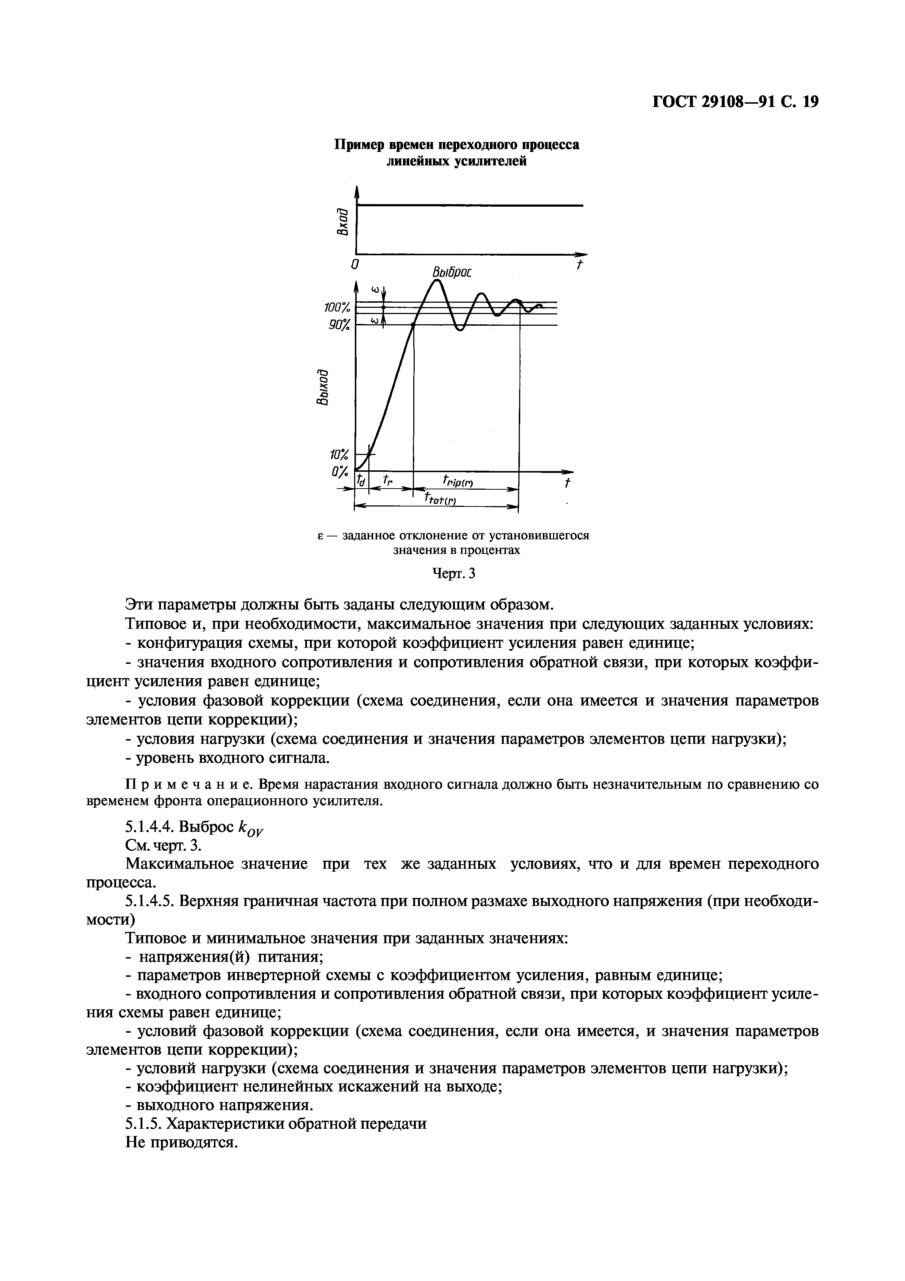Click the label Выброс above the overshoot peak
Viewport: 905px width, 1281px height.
[x=452, y=272]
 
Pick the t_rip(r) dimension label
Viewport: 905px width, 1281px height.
[x=457, y=481]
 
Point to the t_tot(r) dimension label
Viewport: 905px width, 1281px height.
[x=441, y=498]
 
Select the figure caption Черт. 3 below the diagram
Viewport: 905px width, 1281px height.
[x=454, y=574]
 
